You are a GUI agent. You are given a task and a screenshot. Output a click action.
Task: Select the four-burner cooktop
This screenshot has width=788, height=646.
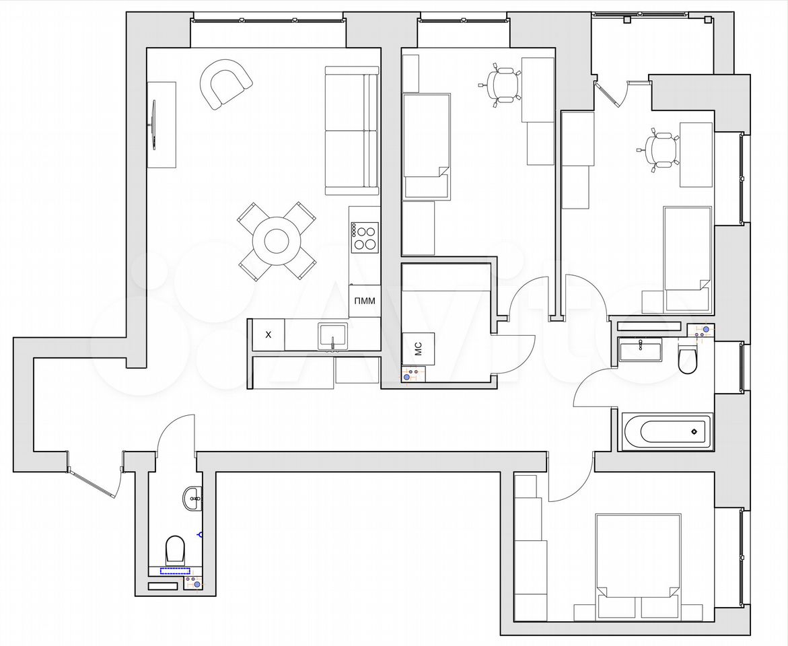pos(364,238)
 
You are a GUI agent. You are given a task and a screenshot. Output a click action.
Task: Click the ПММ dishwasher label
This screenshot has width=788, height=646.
pos(364,301)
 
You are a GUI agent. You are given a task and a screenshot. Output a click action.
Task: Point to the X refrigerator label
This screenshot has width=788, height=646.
pos(268,334)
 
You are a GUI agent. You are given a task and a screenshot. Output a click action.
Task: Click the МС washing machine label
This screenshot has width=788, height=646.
pos(419,349)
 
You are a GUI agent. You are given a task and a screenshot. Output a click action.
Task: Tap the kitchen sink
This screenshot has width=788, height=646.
pos(332,336)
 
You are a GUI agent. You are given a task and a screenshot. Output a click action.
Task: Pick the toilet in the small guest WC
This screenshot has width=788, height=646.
pos(175,550)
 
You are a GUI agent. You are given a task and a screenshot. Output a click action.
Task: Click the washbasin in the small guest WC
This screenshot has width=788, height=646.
pos(192,499)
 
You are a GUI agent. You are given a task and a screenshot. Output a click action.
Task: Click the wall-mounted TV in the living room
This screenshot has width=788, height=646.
pos(153,124)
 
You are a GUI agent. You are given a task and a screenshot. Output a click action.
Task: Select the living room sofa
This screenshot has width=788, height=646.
pos(351,131)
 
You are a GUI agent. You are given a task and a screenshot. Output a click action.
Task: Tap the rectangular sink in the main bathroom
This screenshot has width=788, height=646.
pos(641,349)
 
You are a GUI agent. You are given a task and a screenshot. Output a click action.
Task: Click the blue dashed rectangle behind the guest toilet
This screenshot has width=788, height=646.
pos(176,571)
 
